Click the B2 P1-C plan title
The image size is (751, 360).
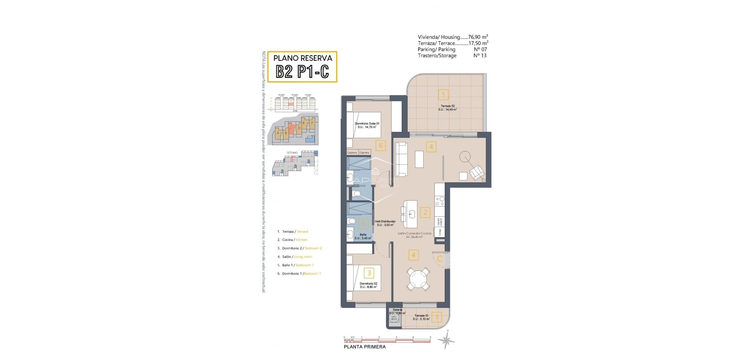point(302,72)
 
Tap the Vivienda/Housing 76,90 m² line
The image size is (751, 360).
point(453,37)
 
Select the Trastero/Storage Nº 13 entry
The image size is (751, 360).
point(452,56)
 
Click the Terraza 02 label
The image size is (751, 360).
point(447,108)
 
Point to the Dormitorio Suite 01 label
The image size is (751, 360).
point(367,125)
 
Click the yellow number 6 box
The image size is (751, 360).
point(381,146)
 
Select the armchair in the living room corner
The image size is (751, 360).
point(476,173)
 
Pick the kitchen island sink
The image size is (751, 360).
point(413,213)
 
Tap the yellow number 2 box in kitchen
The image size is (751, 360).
point(425,212)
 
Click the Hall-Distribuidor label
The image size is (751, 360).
point(385,223)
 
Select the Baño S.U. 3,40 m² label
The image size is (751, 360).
point(363,236)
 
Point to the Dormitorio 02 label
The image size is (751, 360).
point(368,285)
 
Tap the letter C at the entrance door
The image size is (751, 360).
point(440,259)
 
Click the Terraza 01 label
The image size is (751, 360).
point(422,317)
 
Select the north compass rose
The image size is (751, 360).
point(446,341)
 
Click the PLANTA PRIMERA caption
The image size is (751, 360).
point(364,347)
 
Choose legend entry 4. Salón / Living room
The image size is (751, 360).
point(295,257)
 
